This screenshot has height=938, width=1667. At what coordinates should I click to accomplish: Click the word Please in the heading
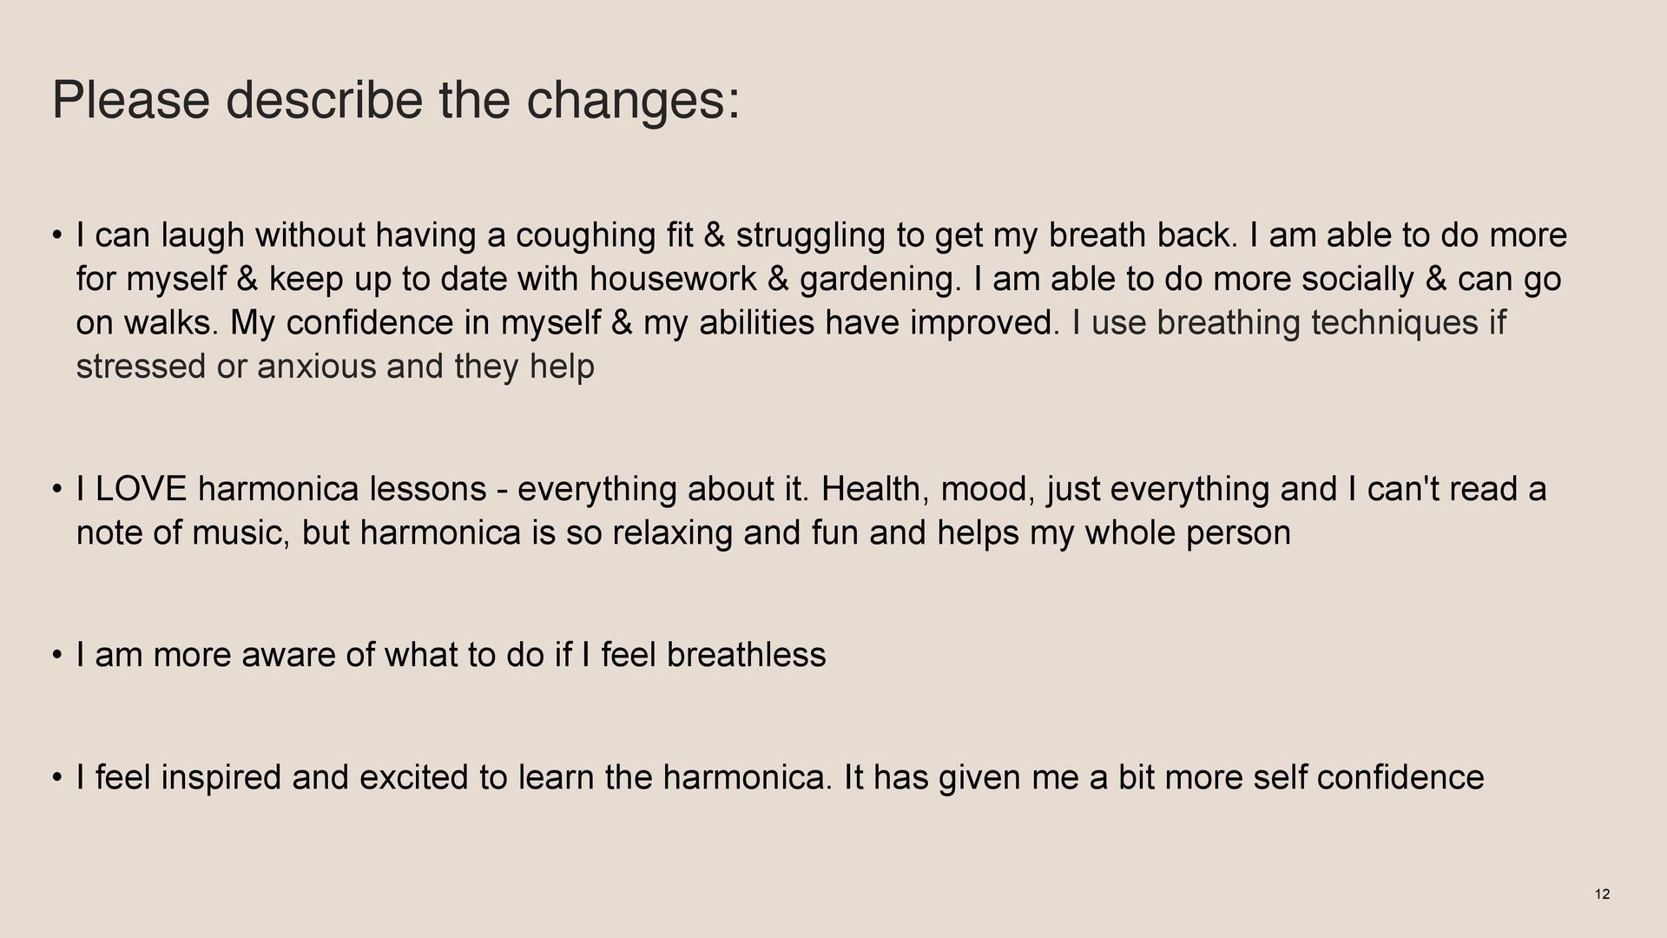131,100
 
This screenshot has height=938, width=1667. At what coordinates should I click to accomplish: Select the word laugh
203,236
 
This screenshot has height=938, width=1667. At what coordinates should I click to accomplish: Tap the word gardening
882,281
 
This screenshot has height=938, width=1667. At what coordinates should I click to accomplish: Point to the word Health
875,490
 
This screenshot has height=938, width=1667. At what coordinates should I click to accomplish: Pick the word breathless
746,655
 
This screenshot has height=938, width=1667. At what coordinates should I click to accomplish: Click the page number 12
1603,895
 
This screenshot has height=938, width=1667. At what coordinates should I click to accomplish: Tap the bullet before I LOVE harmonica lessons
56,490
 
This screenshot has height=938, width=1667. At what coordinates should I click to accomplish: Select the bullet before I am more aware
56,655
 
